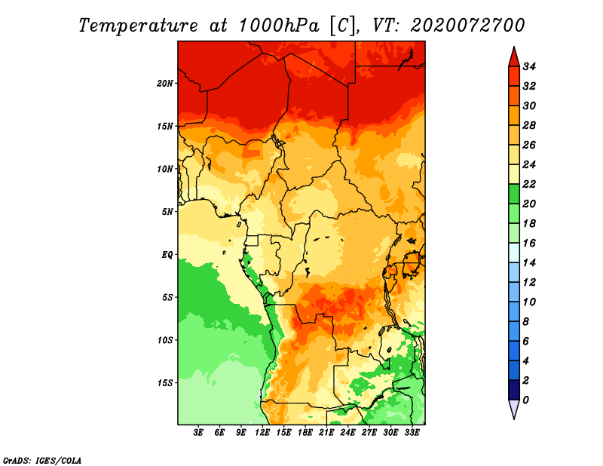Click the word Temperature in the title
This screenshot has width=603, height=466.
[138, 26]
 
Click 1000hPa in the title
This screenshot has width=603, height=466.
[279, 26]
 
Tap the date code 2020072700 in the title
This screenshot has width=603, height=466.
[467, 26]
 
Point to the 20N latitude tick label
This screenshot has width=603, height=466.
[165, 84]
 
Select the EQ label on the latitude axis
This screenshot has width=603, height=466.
[167, 255]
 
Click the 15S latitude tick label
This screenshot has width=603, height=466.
[165, 383]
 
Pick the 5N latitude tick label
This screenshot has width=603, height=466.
[167, 212]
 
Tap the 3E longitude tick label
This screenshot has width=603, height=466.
[198, 433]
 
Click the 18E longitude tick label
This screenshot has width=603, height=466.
[305, 433]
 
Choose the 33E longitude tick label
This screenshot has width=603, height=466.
[412, 433]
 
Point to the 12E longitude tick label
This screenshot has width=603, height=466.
[262, 433]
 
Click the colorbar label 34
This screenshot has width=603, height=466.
[529, 66]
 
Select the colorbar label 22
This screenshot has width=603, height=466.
[529, 184]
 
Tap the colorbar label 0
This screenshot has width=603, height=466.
[525, 400]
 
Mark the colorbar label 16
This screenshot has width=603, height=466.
[529, 244]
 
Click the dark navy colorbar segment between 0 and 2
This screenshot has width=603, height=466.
[514, 390]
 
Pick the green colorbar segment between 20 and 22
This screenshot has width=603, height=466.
[514, 194]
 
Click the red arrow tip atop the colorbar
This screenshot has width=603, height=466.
[514, 48]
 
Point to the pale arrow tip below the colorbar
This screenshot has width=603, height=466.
[514, 418]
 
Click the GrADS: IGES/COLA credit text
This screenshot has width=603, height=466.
[42, 461]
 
